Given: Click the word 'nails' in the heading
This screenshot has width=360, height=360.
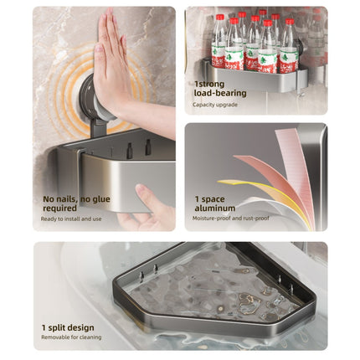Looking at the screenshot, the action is point(66,199).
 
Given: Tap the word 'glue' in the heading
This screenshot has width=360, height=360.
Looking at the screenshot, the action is point(100,200).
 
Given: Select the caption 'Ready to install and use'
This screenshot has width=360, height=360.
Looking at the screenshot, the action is point(71,219).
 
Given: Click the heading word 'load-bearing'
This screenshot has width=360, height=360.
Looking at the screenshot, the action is point(220,93).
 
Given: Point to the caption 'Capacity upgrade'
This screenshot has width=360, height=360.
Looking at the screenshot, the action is point(215,105).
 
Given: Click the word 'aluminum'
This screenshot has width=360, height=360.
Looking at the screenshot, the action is point(215,208).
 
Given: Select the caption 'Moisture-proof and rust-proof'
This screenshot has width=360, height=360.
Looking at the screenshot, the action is point(231,219).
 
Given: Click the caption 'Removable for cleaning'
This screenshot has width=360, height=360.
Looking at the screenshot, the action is point(71,337).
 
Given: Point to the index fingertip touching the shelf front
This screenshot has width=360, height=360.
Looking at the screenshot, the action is point(141,188).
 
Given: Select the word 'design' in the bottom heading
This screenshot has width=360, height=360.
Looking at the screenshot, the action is point(80,328).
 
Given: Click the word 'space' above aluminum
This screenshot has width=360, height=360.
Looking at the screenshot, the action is point(213,200).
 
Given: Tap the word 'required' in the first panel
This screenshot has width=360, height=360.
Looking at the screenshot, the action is point(59,208).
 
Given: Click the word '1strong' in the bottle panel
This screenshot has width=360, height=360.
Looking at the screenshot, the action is point(209,85).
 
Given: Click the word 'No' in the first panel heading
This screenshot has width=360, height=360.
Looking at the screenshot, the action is point(48,199).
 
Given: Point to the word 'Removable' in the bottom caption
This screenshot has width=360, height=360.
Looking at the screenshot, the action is point(54,337).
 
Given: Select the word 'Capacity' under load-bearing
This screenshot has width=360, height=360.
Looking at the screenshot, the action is point(203,105).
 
